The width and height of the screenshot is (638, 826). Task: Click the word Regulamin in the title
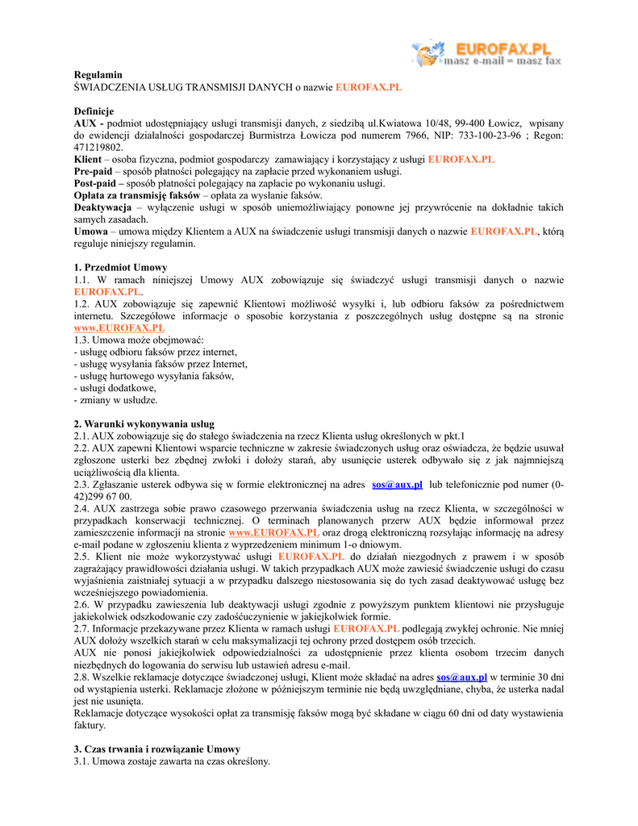pyautogui.click(x=98, y=74)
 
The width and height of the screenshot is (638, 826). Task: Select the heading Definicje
pyautogui.click(x=94, y=111)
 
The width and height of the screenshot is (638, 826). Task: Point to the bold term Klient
pyautogui.click(x=88, y=159)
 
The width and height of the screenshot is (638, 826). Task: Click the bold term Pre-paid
pyautogui.click(x=94, y=171)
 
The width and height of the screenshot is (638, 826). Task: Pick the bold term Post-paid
pyautogui.click(x=95, y=183)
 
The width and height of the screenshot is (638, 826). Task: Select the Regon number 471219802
pyautogui.click(x=98, y=147)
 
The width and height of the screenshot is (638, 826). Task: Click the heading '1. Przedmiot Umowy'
pyautogui.click(x=121, y=267)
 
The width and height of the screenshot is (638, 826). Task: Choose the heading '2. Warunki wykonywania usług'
pyautogui.click(x=144, y=423)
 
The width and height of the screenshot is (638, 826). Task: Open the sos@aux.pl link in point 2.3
pyautogui.click(x=397, y=485)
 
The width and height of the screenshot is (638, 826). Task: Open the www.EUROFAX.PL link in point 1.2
pyautogui.click(x=119, y=327)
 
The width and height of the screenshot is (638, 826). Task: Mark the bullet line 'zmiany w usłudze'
pyautogui.click(x=116, y=399)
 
